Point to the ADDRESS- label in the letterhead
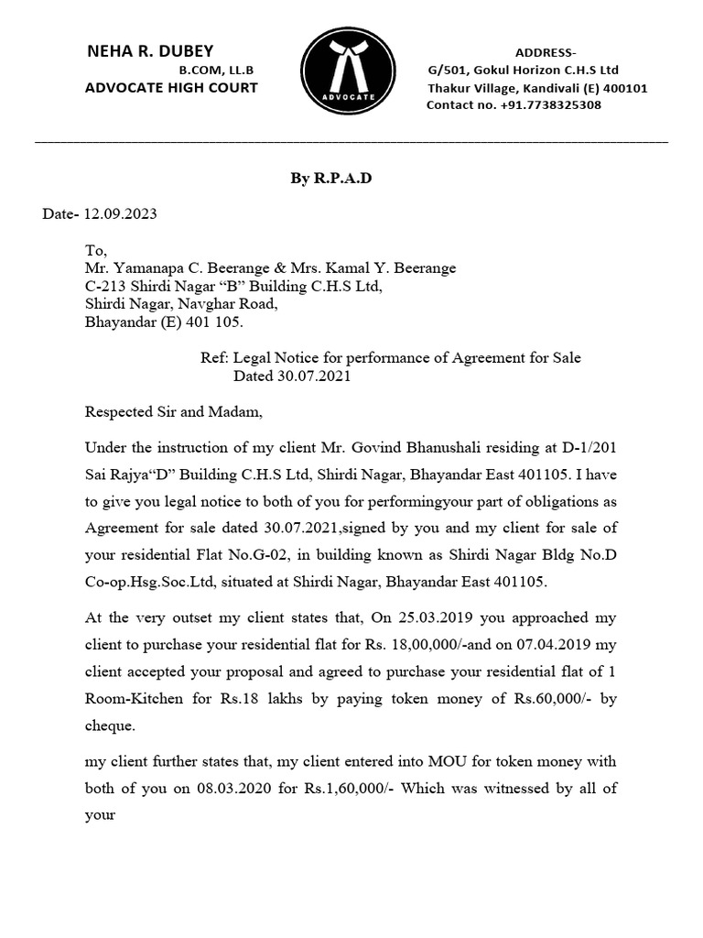tap(546, 52)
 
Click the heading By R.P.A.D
tap(331, 179)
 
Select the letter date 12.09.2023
tap(120, 214)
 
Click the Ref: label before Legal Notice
tap(215, 358)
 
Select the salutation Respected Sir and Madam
tap(173, 412)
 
